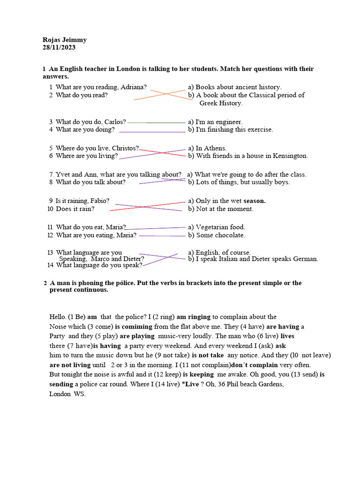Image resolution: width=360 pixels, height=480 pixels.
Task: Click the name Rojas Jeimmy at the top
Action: point(64,40)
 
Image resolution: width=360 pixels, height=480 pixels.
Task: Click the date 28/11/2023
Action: point(59,47)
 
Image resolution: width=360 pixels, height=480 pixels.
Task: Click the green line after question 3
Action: point(157,122)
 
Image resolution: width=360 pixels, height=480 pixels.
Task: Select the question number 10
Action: point(50,209)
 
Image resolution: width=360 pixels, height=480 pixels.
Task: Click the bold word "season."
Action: point(255,201)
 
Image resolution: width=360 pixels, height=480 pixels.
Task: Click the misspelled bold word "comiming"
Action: point(134,327)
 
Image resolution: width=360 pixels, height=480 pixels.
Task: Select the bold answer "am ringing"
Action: point(194,317)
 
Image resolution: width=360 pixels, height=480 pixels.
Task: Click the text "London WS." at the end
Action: point(67,394)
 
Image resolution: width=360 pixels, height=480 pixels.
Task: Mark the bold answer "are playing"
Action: point(137,336)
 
